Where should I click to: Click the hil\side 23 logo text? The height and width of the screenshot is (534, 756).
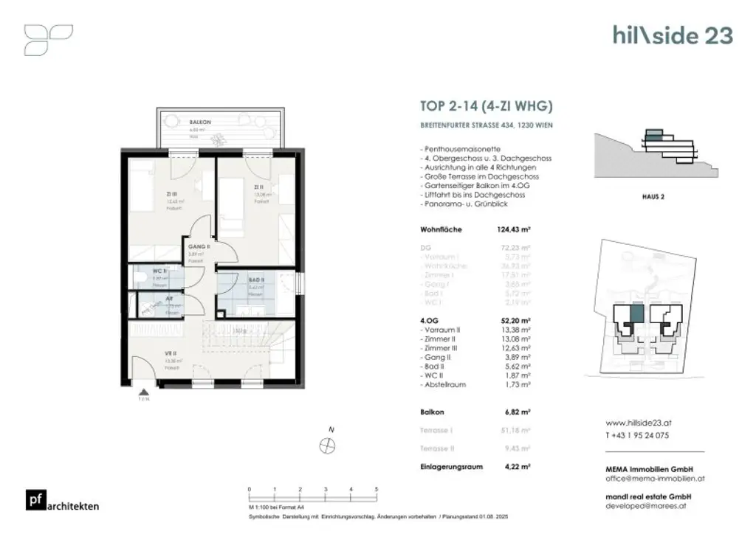(x=673, y=35)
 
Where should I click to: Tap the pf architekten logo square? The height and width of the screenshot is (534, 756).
(x=34, y=499)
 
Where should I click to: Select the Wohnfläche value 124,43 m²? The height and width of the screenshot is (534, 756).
(x=514, y=229)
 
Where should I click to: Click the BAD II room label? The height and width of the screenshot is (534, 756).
(x=255, y=280)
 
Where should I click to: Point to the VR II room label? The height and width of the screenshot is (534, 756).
(x=170, y=354)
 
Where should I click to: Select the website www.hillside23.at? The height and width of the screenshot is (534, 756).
(x=639, y=424)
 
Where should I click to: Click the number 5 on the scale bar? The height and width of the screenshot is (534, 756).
(x=377, y=489)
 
